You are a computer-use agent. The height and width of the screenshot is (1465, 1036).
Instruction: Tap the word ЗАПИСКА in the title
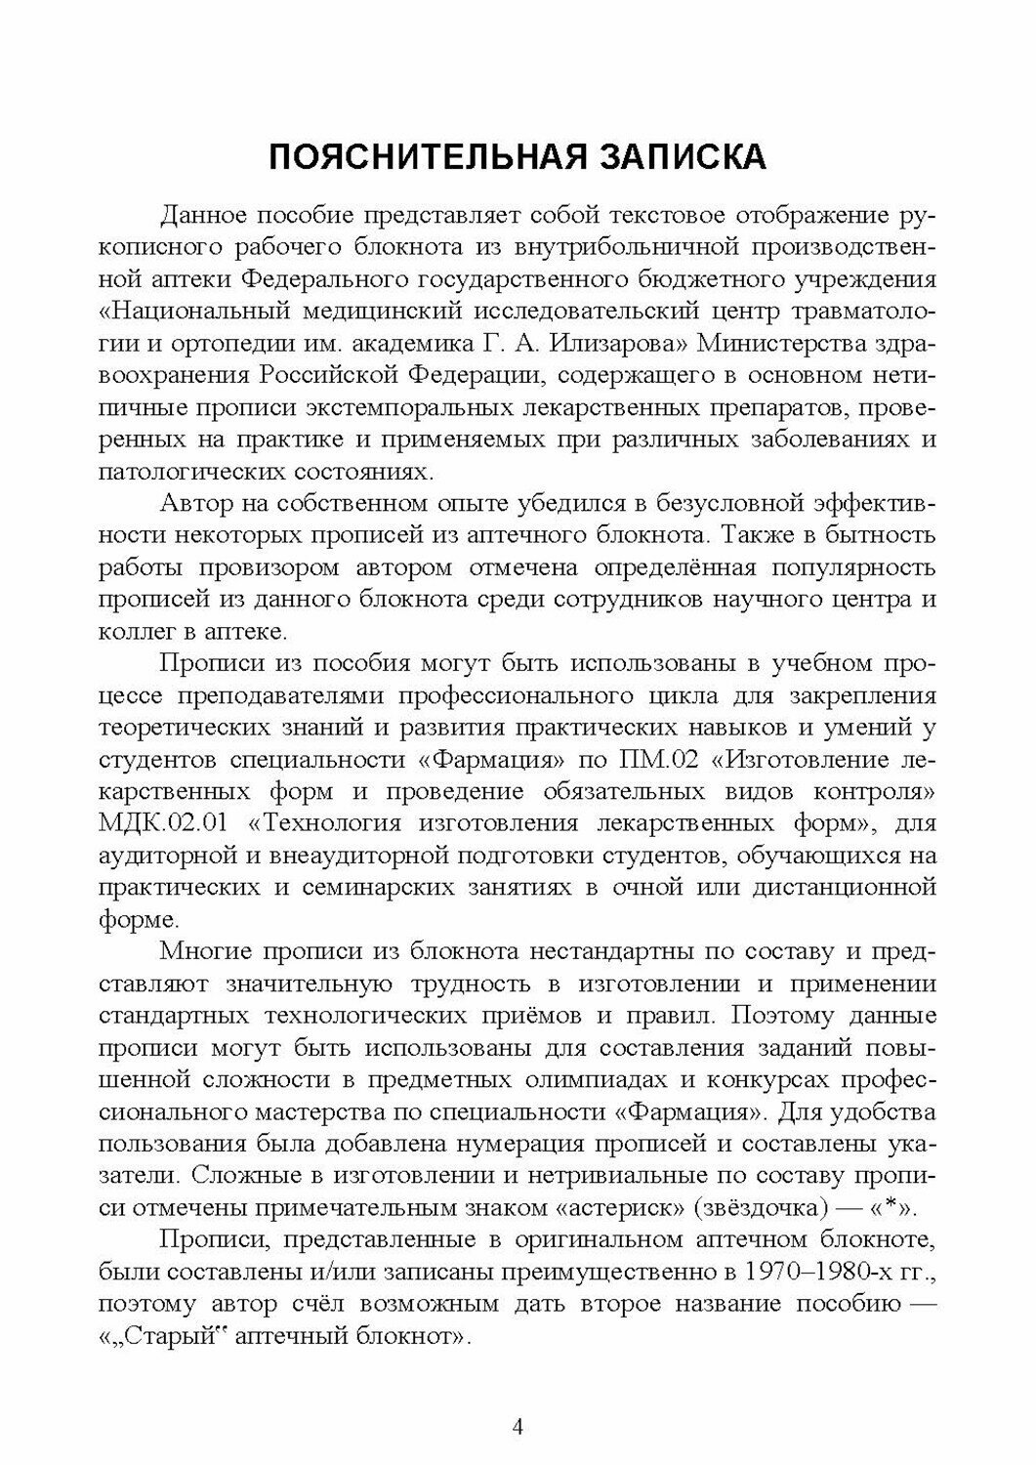pos(676,157)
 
